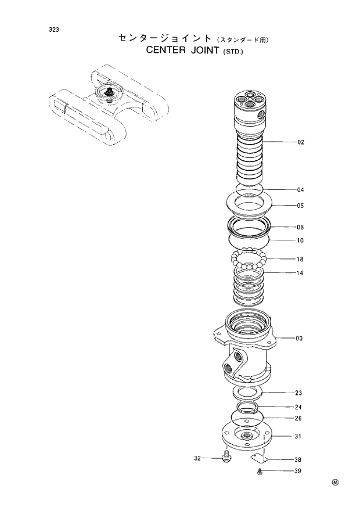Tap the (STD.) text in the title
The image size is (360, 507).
tap(234, 51)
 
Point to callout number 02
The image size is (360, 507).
tap(300, 142)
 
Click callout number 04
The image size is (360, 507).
tap(300, 190)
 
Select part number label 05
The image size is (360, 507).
tap(300, 206)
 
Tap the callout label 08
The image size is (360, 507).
tap(300, 228)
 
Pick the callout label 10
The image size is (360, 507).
tap(300, 240)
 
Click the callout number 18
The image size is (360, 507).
tap(300, 260)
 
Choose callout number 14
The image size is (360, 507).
tap(300, 273)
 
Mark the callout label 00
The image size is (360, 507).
tap(299, 338)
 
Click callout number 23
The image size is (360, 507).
tap(298, 393)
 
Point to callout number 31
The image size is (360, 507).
tap(298, 437)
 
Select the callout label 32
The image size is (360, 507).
tap(197, 458)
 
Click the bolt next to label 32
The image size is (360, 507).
tap(225, 459)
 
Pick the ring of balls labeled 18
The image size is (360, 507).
tap(249, 259)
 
